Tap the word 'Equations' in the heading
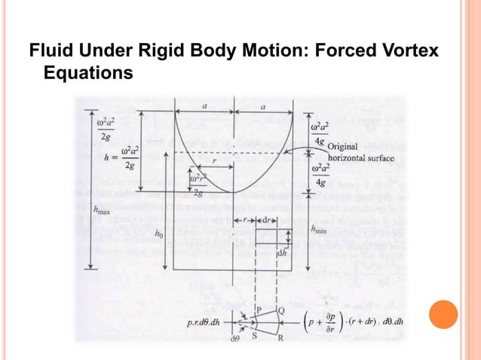point(88,74)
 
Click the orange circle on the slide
point(444,314)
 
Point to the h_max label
point(100,211)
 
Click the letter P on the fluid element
point(259,310)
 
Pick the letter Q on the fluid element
point(281,310)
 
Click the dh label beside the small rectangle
point(283,254)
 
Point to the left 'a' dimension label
point(205,107)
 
